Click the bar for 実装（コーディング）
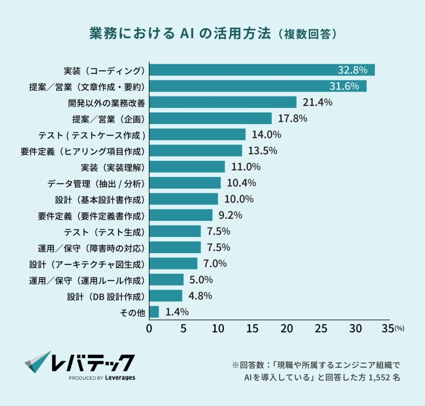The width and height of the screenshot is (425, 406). point(261,70)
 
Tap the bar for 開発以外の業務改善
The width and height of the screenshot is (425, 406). point(222,103)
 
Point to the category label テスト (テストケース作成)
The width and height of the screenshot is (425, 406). point(92,135)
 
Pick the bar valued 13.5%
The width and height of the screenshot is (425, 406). point(195,151)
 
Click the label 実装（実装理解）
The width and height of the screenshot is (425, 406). point(113,167)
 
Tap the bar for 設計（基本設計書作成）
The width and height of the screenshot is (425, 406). point(183,199)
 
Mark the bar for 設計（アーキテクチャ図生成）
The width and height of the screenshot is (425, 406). point(173,263)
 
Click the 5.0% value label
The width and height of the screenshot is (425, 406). point(200,280)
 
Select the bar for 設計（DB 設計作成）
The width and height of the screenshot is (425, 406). point(166,296)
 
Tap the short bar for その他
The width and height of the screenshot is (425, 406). point(154,312)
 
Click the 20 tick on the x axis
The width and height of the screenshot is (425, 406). point(286,329)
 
